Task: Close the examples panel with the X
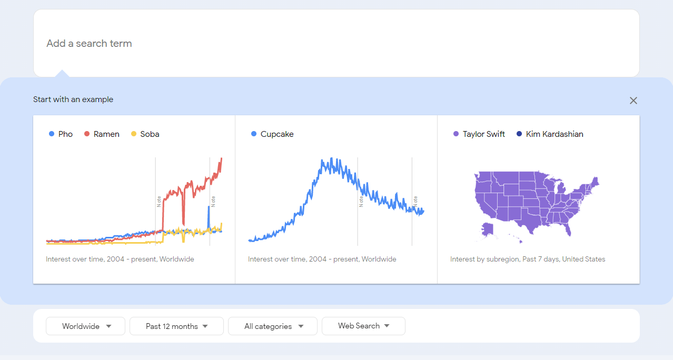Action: (x=634, y=101)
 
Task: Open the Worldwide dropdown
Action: (x=86, y=326)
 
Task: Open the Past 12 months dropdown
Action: (x=176, y=326)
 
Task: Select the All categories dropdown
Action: (x=273, y=326)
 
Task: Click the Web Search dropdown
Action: (x=363, y=326)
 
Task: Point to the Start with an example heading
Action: (x=73, y=99)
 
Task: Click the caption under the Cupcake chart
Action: (x=322, y=259)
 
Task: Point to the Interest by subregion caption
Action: (x=528, y=259)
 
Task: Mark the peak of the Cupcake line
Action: (x=331, y=158)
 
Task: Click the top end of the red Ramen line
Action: (x=221, y=158)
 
